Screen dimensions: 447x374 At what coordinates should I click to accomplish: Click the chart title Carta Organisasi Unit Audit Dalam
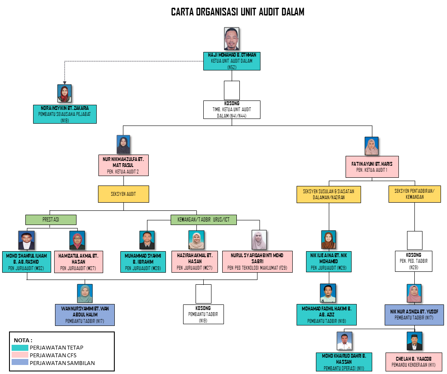tap(237, 12)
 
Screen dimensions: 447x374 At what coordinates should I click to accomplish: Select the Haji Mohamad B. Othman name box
tap(232, 61)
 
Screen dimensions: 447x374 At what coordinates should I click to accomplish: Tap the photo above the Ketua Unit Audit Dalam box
tap(232, 39)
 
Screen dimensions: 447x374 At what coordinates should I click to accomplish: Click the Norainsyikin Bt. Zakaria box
tap(65, 114)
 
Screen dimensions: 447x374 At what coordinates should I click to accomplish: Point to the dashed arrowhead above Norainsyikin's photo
tap(65, 82)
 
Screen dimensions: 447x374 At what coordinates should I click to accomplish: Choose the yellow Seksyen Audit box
tap(123, 194)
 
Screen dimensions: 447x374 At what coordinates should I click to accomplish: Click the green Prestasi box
tap(51, 219)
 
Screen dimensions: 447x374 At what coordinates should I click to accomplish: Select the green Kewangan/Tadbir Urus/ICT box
tap(204, 219)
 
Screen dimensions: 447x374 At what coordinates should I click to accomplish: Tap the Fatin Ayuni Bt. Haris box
tap(372, 167)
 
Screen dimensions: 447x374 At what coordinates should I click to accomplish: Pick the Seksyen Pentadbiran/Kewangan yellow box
tap(414, 194)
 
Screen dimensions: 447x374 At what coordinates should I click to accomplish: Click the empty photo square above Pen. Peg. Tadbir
tap(414, 240)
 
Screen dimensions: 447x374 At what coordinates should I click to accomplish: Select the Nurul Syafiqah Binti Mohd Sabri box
tap(257, 261)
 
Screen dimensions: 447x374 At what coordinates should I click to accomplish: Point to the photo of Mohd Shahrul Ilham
tap(26, 240)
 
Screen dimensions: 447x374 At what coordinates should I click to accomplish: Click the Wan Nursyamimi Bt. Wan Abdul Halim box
tap(85, 315)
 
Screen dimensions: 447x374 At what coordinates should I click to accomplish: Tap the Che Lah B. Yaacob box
tap(413, 362)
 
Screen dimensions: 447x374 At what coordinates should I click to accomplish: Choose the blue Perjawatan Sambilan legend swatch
tap(20, 362)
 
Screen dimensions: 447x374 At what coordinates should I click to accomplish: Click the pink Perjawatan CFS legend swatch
tap(20, 355)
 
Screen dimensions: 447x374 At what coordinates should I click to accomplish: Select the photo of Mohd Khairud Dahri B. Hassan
tap(344, 341)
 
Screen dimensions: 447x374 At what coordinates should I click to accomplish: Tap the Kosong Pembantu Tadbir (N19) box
tap(203, 314)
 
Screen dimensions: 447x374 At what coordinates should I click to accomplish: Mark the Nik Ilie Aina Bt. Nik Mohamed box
tap(329, 261)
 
